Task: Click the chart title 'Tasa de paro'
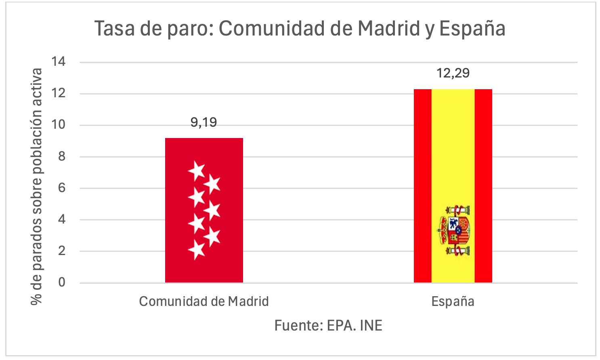300,29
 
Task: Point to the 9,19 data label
203,122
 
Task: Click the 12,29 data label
453,73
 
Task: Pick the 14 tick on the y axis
58,62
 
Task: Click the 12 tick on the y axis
58,93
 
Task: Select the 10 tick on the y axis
58,125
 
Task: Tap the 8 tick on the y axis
61,156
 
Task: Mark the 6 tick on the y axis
61,188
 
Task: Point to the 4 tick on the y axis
61,219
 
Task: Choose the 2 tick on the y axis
61,251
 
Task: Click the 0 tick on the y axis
61,282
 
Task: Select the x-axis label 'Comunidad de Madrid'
203,301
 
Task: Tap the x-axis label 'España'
453,301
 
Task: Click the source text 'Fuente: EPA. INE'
328,325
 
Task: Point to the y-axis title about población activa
37,186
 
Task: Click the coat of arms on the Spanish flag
455,230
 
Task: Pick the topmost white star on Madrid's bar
197,171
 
